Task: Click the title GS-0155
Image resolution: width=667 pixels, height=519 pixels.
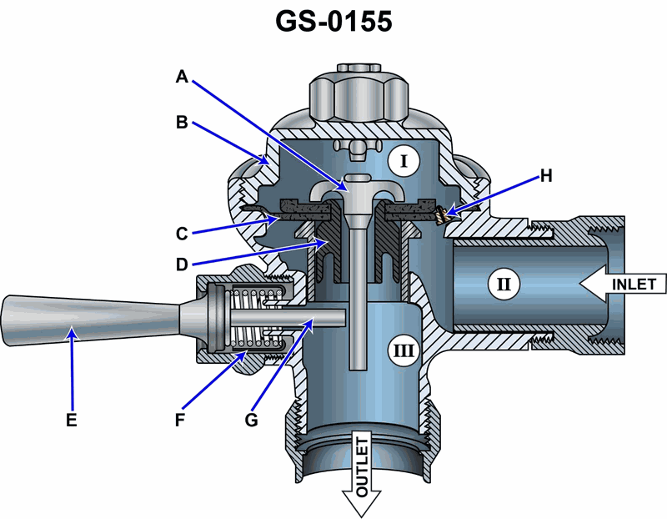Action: (333, 21)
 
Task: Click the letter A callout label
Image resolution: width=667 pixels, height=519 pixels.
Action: (183, 77)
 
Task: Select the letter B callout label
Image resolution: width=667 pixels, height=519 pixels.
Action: (183, 123)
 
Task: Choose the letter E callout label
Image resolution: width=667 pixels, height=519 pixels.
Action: (72, 420)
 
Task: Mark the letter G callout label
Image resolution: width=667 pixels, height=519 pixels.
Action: (250, 420)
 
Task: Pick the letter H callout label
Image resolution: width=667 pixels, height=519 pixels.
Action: (546, 175)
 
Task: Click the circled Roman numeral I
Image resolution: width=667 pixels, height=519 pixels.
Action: (404, 161)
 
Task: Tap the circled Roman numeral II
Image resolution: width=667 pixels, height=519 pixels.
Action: (503, 285)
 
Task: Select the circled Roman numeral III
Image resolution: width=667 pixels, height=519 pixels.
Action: (403, 350)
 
